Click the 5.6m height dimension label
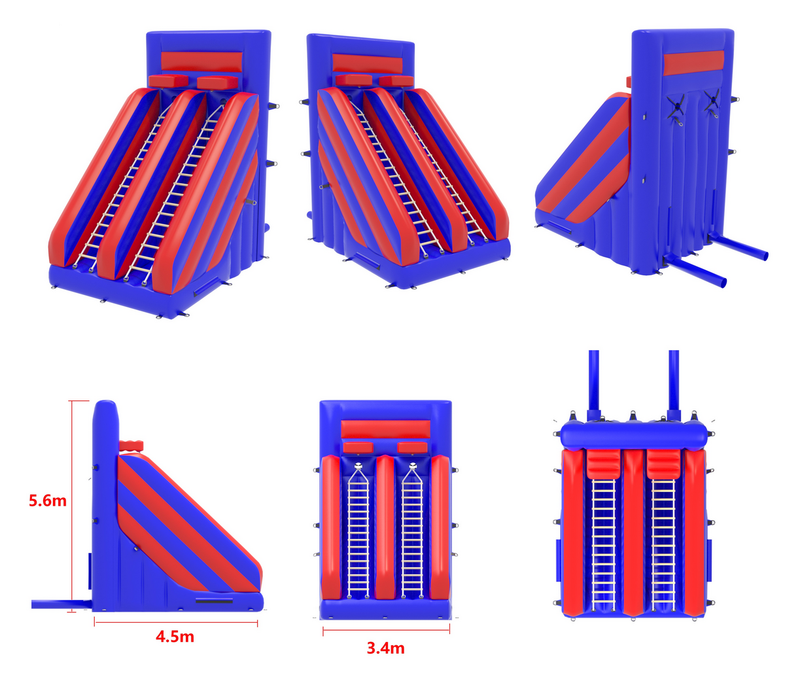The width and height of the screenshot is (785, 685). coord(48,501)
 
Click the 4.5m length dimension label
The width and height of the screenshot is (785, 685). coord(175,636)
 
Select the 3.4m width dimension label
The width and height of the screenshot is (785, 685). coord(385,648)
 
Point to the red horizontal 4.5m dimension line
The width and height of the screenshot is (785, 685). coord(175,622)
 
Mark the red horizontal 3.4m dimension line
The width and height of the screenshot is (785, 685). coord(386,631)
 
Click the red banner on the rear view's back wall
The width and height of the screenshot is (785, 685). coord(693,63)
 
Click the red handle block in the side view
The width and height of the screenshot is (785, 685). coord(131,446)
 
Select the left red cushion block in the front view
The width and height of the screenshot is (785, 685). coord(358,448)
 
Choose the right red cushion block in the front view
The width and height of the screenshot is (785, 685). coord(412,448)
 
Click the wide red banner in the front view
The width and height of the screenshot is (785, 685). coord(385,429)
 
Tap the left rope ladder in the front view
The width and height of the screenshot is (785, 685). coord(358,530)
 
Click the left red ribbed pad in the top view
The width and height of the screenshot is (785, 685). coord(602,464)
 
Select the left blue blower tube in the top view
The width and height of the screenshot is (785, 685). coord(593,379)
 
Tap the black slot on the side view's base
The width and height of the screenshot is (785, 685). coord(214,600)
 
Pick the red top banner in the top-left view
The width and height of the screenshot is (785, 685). coord(201,61)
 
